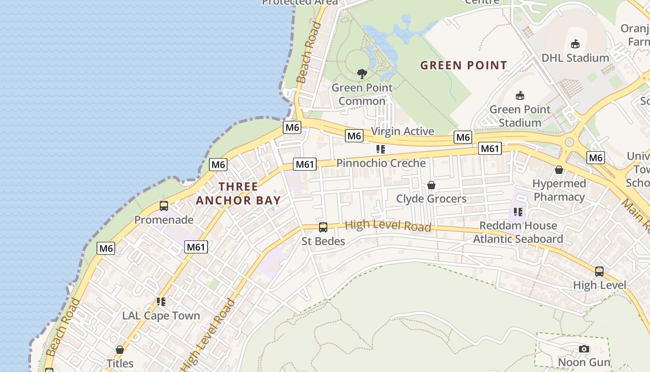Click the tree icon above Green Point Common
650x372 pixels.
click(362, 74)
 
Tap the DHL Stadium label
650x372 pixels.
click(575, 58)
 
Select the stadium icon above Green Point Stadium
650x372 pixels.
click(520, 96)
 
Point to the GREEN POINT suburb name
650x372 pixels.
click(463, 65)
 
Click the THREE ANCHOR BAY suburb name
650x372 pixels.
click(238, 193)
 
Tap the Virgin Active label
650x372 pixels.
click(403, 131)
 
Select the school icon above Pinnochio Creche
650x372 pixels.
click(381, 149)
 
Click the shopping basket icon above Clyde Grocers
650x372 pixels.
click(431, 185)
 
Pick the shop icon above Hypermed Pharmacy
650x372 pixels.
click(559, 170)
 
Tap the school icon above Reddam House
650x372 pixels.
click(518, 212)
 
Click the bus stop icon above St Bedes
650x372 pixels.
click(323, 227)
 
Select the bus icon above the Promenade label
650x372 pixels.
click(164, 206)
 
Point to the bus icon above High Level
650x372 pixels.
click(599, 271)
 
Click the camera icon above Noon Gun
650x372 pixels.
click(584, 349)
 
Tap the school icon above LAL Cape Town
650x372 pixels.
click(161, 302)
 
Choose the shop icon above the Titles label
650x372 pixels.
click(120, 350)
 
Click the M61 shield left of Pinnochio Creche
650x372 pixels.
click(305, 164)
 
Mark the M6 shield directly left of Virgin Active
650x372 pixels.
click(354, 136)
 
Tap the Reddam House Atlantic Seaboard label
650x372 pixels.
click(518, 232)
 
